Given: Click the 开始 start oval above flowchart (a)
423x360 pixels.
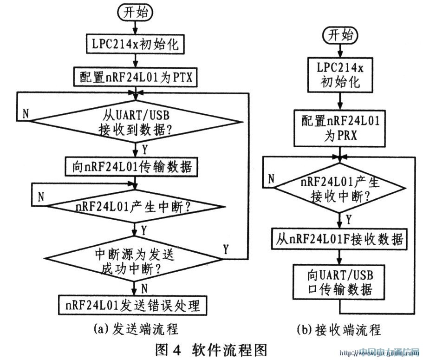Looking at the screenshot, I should tap(135, 13).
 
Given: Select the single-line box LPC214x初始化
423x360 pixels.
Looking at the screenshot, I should tap(135, 45).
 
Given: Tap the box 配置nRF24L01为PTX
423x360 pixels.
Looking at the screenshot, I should tap(135, 77).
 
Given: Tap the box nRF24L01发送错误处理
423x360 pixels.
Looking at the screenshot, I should tap(135, 305).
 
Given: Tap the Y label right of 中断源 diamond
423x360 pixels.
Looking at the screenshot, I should tap(226, 249).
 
